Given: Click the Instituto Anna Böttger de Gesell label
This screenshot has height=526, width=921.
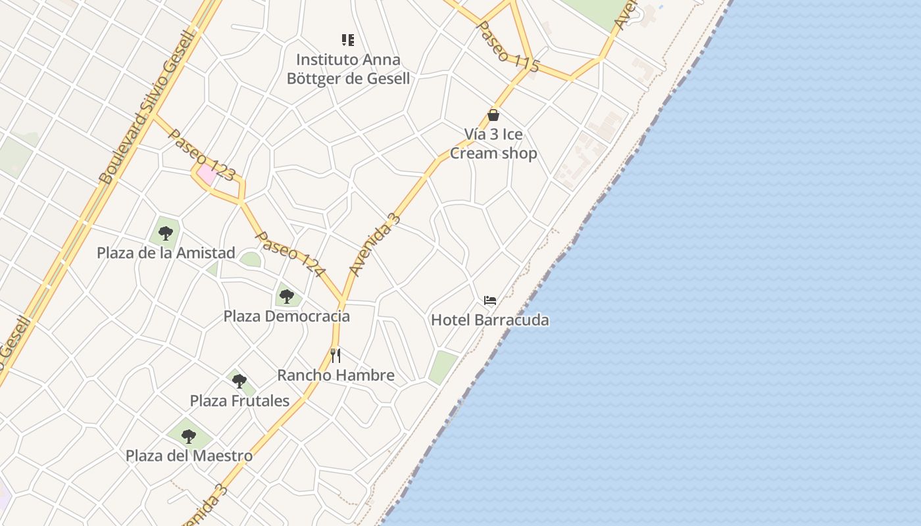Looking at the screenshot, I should [x=348, y=69].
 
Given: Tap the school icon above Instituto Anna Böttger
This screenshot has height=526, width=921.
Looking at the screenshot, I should [x=348, y=40].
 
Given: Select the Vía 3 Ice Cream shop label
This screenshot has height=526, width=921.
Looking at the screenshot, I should [x=493, y=143].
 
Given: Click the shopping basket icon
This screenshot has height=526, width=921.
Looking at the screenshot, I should [x=493, y=115].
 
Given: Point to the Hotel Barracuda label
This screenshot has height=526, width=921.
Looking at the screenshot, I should [x=489, y=320].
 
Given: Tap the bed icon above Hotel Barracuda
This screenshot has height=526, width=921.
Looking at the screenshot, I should [x=489, y=300].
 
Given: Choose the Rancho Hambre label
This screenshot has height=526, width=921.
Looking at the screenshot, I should [x=336, y=375].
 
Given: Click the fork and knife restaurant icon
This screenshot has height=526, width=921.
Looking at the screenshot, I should [x=336, y=356].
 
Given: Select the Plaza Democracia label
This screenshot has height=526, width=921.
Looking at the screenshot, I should [x=286, y=316].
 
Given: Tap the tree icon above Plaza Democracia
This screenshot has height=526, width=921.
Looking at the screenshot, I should [x=286, y=297].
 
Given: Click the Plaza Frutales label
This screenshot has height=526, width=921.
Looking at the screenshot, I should [x=239, y=400].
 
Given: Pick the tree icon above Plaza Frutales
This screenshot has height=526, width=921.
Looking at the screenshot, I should [x=239, y=381].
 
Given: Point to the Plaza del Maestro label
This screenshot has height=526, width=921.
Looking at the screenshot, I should [x=189, y=456].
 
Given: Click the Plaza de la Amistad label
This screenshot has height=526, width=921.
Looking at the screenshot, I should [x=166, y=253].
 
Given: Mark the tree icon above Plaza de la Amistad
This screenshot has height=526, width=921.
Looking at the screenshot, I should [x=166, y=233].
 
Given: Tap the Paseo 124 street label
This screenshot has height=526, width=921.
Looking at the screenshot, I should [x=290, y=254].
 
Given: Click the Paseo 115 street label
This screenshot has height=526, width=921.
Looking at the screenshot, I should [x=507, y=46].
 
